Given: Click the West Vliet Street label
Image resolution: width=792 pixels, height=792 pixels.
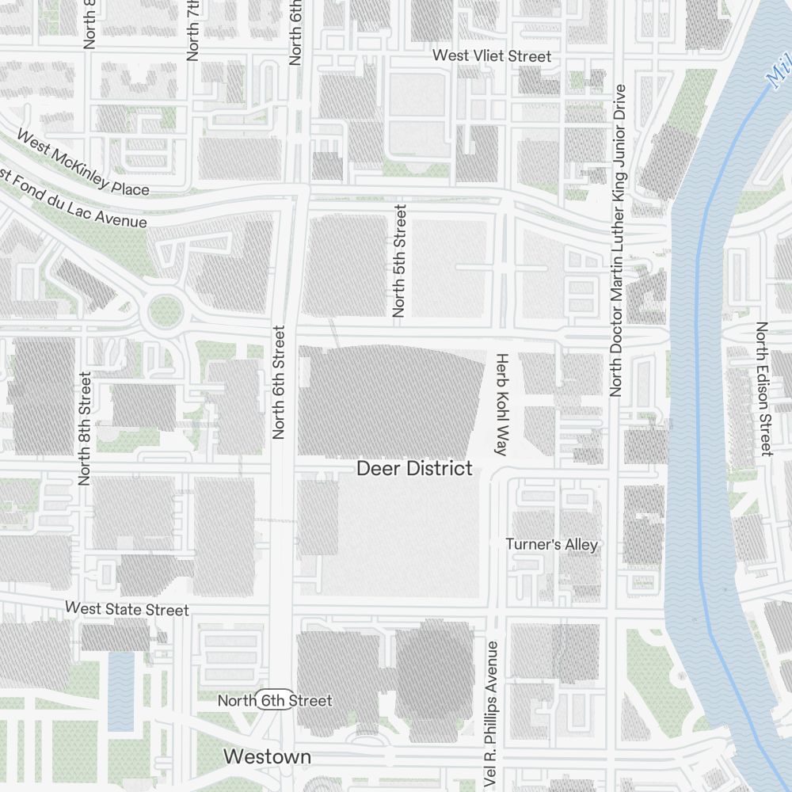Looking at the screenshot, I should tap(491, 56).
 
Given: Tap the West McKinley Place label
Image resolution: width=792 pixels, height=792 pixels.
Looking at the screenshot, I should tap(82, 162).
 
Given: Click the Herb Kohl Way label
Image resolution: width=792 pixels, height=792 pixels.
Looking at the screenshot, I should tap(501, 404).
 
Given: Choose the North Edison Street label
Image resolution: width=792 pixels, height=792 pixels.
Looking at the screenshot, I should tap(763, 388).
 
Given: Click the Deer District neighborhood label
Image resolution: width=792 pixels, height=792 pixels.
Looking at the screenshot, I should tap(414, 468).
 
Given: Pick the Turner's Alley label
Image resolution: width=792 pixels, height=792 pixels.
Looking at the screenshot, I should tap(552, 544).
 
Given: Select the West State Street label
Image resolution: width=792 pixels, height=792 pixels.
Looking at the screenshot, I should tap(127, 609).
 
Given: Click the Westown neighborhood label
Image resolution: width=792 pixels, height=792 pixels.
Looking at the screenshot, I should tap(267, 756).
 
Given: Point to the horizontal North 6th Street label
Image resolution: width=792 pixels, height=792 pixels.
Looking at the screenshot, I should tap(275, 701).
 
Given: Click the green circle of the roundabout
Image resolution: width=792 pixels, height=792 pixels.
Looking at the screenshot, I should tap(165, 311).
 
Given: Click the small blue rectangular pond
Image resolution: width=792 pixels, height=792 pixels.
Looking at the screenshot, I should tap(121, 689).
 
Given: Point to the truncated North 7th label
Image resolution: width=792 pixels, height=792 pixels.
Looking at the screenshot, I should tap(192, 30).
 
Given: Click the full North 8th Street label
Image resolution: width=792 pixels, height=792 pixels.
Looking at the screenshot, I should tap(86, 428).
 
